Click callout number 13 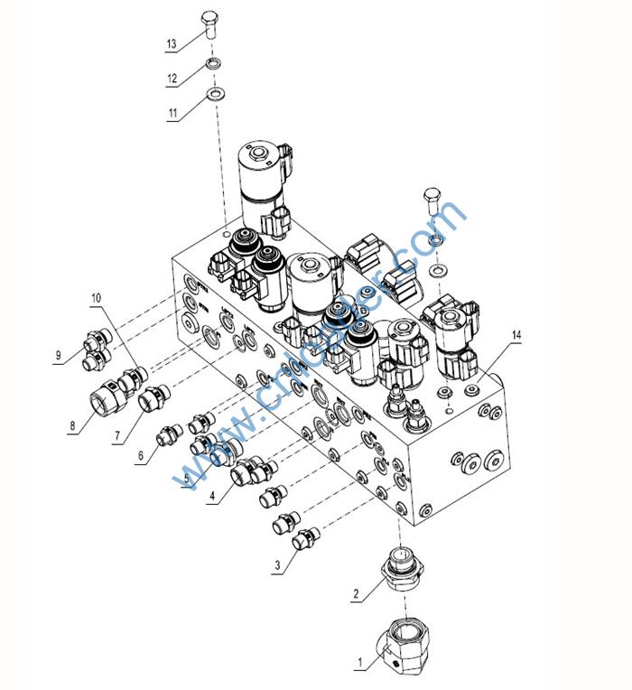coord(171,43)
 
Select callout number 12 coord(171,78)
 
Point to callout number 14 coord(516,336)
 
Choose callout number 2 coord(357,593)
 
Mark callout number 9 coord(60,355)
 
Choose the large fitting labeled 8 coord(107,398)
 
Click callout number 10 coord(97,297)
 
